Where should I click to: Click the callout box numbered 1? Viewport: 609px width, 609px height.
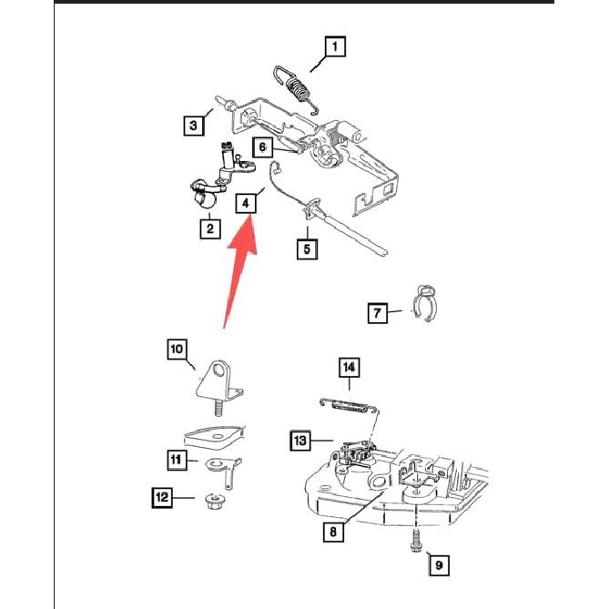tap(334, 46)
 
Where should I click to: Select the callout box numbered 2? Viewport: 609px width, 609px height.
tap(210, 228)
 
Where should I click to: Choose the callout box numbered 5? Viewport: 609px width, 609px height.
tap(307, 247)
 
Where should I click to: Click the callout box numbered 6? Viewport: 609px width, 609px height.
tap(261, 147)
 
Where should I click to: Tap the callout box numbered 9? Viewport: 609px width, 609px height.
tap(438, 565)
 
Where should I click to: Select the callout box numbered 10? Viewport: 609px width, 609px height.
tap(176, 349)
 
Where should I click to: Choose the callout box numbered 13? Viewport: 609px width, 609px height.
tap(300, 441)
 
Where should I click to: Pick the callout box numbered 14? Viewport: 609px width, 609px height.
tap(350, 368)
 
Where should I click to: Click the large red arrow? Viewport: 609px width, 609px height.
tap(238, 273)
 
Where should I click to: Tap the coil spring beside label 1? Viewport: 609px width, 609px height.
tap(297, 88)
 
